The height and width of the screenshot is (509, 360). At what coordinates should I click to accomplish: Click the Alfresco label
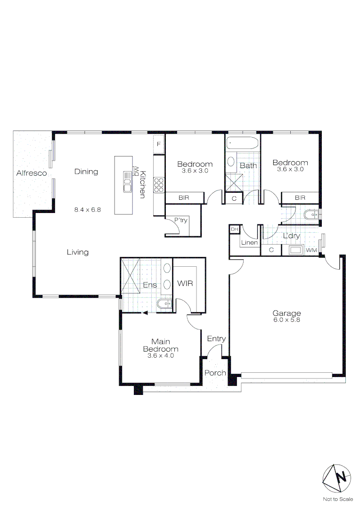32,173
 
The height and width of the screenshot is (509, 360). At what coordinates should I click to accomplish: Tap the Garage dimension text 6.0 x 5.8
286,320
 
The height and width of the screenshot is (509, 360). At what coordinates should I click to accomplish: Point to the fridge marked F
159,144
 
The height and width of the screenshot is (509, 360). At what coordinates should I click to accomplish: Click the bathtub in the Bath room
242,143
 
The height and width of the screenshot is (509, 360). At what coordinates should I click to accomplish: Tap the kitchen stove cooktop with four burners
159,185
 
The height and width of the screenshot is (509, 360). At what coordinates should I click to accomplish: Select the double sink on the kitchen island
127,182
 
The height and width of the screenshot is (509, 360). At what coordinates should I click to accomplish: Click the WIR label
185,284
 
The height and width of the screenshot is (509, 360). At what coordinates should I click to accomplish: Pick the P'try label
181,220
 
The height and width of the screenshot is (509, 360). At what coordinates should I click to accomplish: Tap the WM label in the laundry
311,250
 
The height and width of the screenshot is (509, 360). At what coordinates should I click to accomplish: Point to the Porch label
215,373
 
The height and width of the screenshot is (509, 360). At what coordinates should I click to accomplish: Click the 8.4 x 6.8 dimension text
87,209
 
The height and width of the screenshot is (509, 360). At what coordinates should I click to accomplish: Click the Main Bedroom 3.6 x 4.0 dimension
161,356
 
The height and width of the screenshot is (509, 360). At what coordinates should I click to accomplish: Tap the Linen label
248,243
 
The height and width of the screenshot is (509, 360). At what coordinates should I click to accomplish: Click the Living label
77,252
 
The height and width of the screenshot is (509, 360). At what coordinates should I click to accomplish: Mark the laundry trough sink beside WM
295,250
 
